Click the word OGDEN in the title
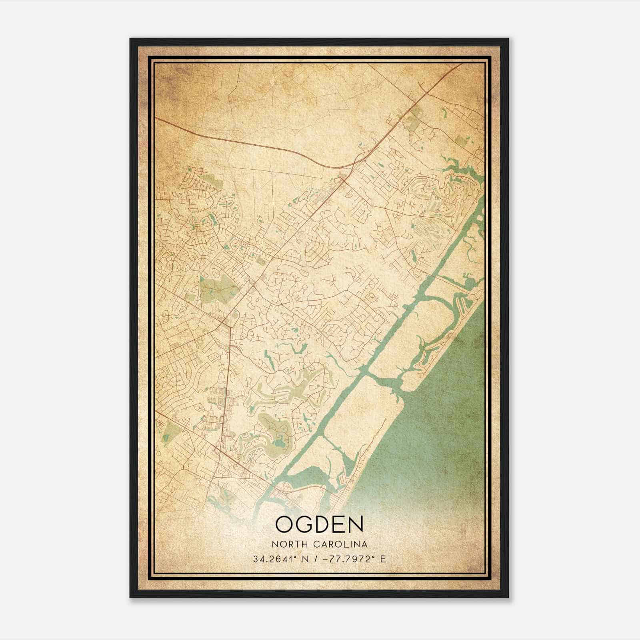319,524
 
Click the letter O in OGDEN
285,524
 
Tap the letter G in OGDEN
305,524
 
